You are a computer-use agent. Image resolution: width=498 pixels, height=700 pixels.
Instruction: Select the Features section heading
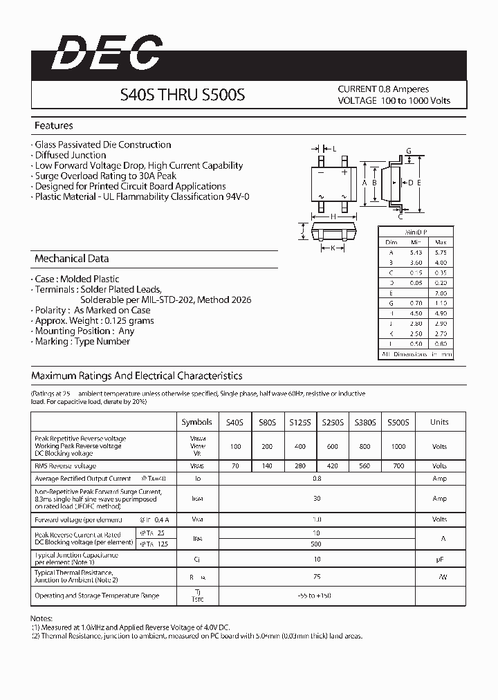(53, 126)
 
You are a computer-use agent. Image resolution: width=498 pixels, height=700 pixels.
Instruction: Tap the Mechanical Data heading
(71, 259)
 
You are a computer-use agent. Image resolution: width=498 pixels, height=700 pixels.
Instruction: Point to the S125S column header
(300, 422)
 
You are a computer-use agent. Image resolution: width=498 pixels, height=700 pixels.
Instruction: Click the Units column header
(439, 422)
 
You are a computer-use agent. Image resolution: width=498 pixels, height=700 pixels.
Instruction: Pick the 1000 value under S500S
(398, 447)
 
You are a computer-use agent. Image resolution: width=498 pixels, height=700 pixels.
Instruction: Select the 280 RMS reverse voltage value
(300, 466)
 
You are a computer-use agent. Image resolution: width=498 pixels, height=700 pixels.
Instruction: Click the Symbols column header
(197, 422)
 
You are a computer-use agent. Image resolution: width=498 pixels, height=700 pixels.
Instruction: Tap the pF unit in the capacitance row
(439, 559)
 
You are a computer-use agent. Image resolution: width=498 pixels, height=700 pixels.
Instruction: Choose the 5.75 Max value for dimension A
(441, 252)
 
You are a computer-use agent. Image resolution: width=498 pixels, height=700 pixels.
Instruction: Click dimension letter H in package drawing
(333, 217)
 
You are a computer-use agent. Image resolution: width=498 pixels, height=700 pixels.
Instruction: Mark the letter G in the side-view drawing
(409, 151)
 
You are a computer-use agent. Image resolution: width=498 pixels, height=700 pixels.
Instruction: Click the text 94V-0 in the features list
(237, 196)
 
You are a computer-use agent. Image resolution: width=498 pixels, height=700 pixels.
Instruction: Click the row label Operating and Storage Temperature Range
(97, 596)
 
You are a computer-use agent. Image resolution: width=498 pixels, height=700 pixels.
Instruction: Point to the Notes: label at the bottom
(43, 618)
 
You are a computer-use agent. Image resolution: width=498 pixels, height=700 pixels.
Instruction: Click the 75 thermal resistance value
(317, 575)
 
